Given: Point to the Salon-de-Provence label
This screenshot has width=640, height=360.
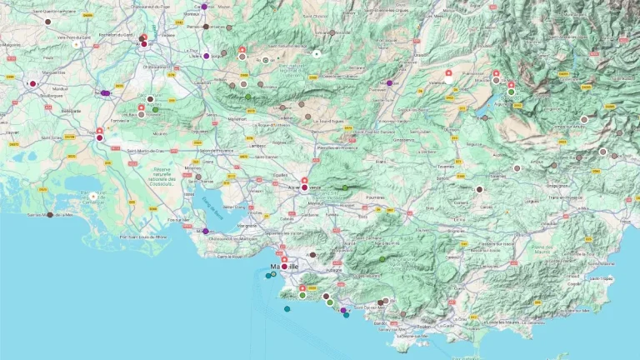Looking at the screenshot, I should coord(217,151).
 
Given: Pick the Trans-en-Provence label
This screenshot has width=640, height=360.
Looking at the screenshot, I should coord(567,197).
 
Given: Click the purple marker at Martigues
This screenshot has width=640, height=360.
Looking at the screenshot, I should coord(205,231).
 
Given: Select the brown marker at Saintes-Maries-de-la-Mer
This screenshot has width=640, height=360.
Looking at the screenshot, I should coord(50,215).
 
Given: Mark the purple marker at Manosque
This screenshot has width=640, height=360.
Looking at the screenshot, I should coord(389,83).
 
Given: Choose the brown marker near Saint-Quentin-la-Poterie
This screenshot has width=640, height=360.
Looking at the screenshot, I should coord(47,22).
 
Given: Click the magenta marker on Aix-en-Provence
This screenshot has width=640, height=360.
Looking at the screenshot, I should coord(304,188).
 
